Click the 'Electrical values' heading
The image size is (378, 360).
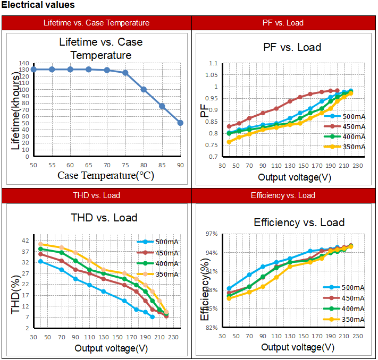click(38, 5)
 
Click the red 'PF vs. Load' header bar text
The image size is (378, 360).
click(283, 23)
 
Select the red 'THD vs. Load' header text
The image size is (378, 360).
click(96, 195)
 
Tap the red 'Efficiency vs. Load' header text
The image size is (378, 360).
click(283, 195)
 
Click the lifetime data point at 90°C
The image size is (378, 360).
click(180, 123)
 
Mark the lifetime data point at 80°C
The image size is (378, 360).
click(144, 89)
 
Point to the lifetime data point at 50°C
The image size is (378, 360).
click(33, 69)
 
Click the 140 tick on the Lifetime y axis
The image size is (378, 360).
click(23, 64)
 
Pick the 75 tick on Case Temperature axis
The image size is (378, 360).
click(125, 166)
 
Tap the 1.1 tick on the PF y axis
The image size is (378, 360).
click(213, 64)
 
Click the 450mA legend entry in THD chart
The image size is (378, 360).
click(166, 253)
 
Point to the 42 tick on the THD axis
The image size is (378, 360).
click(26, 241)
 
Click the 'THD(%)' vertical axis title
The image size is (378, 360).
click(16, 294)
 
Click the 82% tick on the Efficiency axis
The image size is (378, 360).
click(212, 328)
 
